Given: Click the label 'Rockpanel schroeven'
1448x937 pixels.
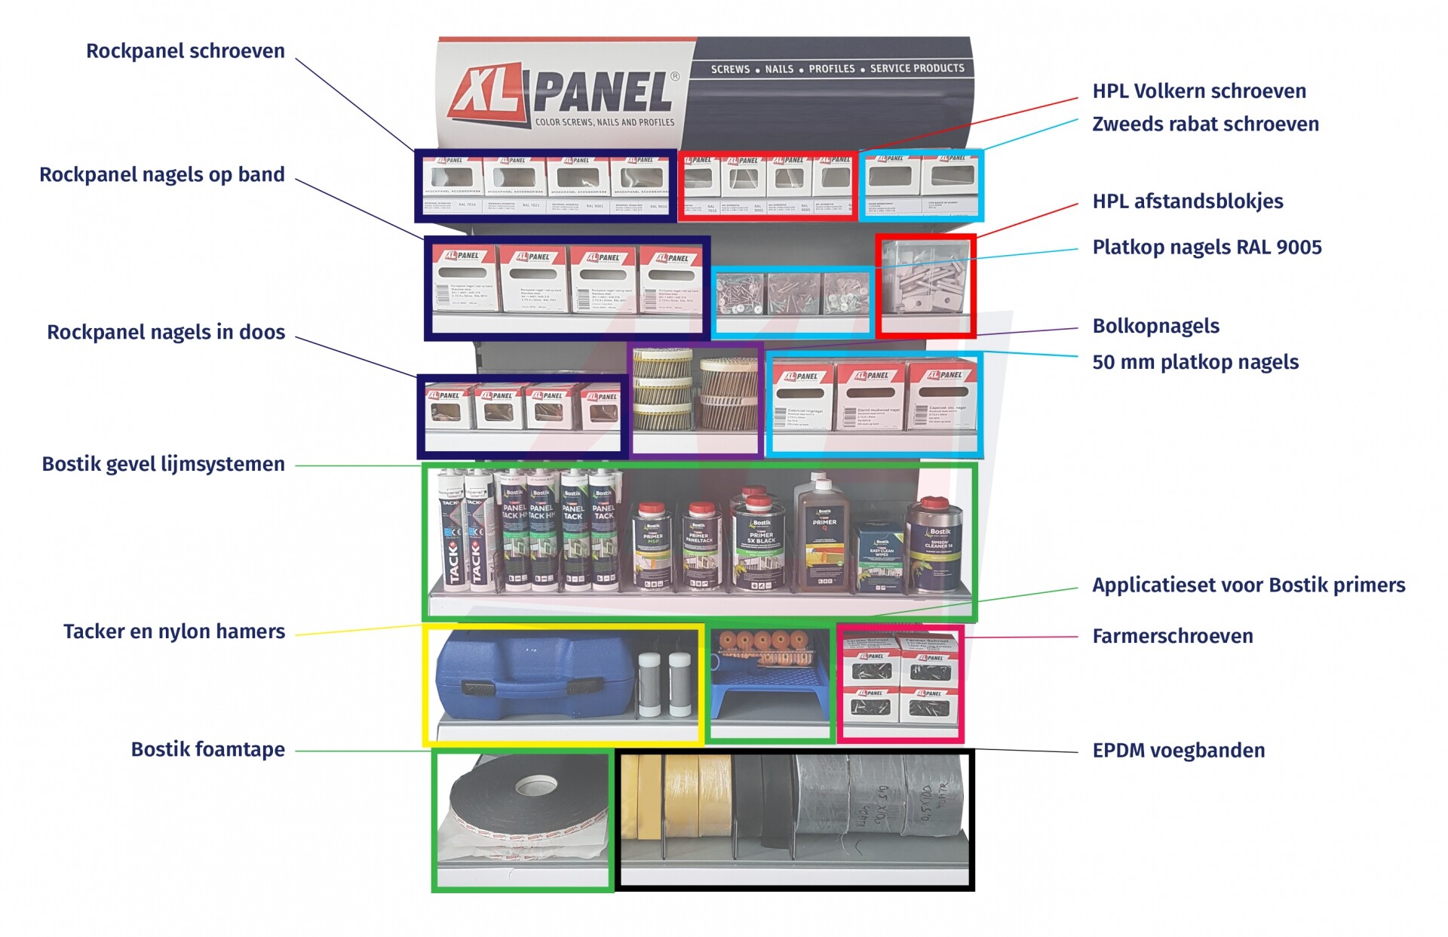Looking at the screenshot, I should (x=185, y=51).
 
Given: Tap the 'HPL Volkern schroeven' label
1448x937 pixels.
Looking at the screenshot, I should (x=1198, y=91).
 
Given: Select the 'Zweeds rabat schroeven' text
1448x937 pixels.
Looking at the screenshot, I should (x=1205, y=124).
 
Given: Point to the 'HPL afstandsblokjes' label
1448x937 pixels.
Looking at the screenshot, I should (x=1187, y=201).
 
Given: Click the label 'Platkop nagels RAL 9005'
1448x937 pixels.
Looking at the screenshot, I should (x=1207, y=247).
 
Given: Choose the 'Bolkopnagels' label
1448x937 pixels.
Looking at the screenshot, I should (x=1155, y=326).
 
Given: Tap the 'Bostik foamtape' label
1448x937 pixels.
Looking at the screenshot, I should (x=207, y=749).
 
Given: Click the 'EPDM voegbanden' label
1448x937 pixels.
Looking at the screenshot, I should (x=1178, y=751).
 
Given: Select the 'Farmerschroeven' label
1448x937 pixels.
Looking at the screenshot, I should (x=1172, y=637).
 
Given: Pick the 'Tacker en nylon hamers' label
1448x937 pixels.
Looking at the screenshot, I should (x=173, y=631).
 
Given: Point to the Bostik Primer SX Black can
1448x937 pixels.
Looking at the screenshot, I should (x=760, y=539).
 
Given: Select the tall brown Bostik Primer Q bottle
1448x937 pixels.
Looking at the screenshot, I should (x=824, y=532).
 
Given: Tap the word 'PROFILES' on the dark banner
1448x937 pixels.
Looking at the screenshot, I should (x=831, y=69).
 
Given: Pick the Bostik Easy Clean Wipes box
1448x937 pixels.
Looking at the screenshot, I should (x=880, y=558).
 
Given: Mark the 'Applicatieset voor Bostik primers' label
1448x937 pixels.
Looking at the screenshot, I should (x=1248, y=585).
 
